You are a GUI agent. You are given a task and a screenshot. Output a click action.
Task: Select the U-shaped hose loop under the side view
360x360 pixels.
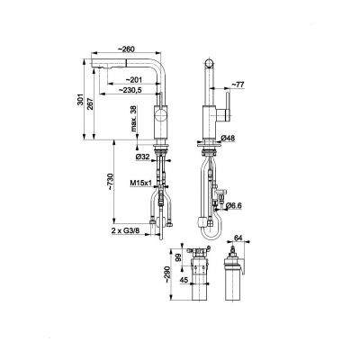209,236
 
